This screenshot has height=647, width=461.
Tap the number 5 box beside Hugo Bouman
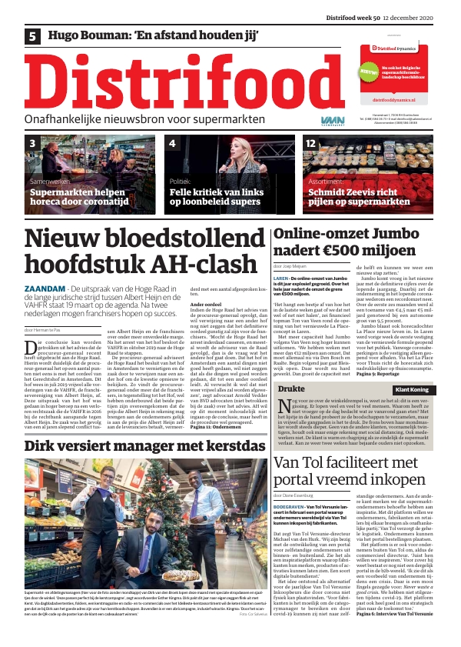point(33,35)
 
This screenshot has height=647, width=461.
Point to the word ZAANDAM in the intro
point(48,288)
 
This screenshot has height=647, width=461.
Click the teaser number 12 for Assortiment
point(310,144)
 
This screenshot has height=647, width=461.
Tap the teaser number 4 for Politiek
point(172,144)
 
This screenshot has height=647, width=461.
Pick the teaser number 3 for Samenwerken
point(32,144)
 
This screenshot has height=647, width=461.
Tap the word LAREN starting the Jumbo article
point(282,276)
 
